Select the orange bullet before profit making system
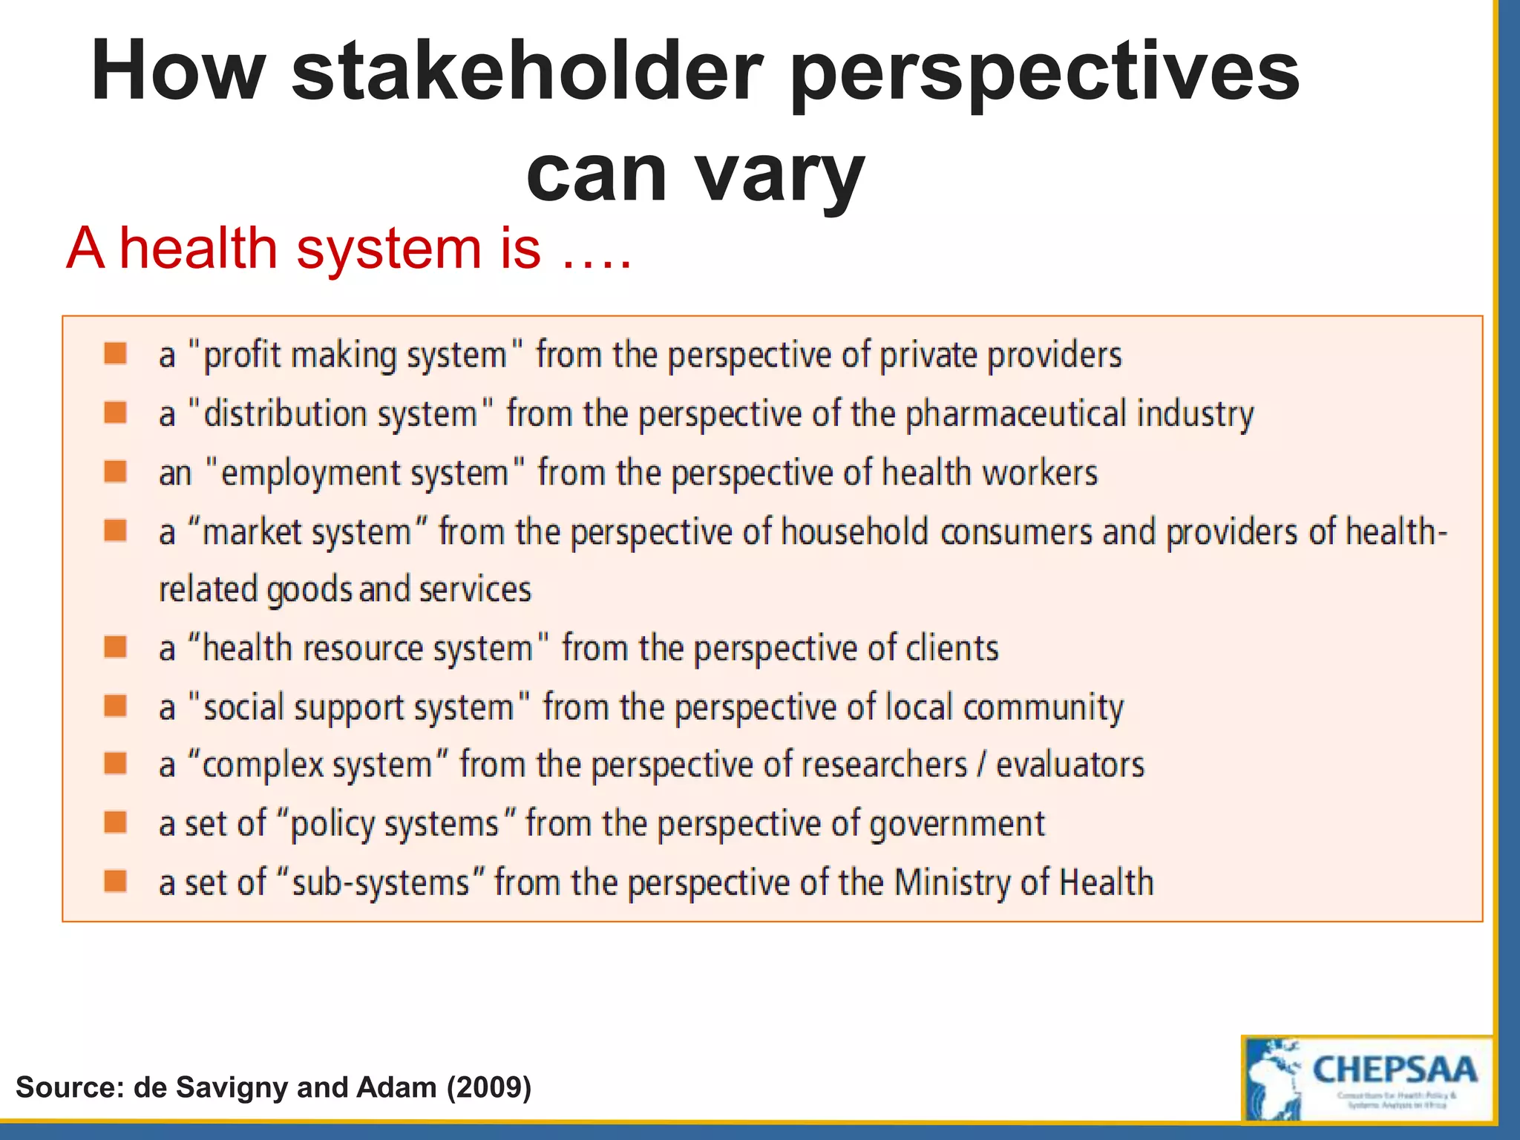click(115, 353)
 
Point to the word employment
click(364, 473)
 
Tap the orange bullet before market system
click(115, 530)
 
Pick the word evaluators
click(1069, 765)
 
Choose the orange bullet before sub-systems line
click(115, 881)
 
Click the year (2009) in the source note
click(488, 1087)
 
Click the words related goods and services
click(344, 590)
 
